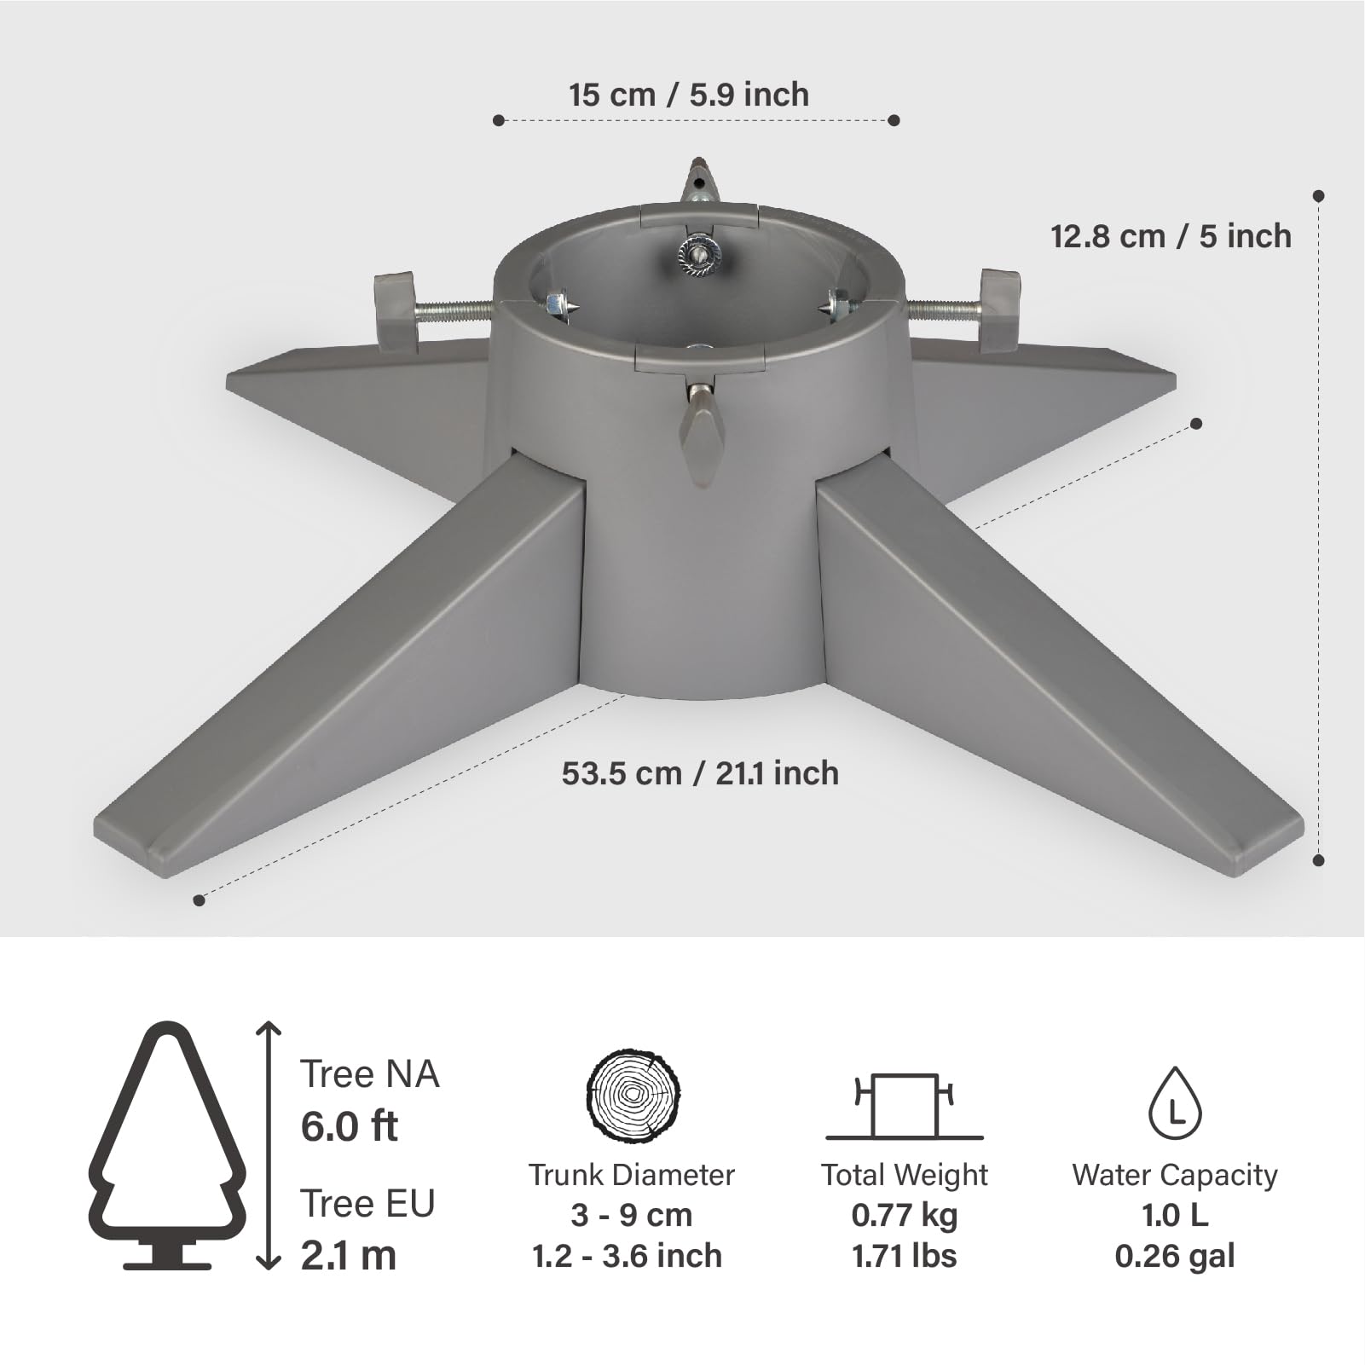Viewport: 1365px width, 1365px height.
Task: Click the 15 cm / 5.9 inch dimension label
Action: (x=689, y=94)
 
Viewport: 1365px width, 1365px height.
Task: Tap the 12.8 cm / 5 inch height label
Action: (x=1171, y=236)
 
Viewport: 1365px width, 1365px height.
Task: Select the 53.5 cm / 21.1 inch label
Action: (x=700, y=773)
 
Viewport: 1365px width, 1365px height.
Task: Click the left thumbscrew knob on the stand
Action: (x=395, y=311)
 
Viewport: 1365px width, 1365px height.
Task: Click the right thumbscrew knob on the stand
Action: (x=999, y=310)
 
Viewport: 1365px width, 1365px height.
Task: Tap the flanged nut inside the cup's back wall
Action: (x=699, y=253)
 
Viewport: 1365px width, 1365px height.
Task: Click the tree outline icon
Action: (x=168, y=1145)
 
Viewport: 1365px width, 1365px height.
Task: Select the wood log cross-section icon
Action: (x=633, y=1096)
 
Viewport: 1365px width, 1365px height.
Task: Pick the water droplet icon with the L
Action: (x=1175, y=1103)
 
